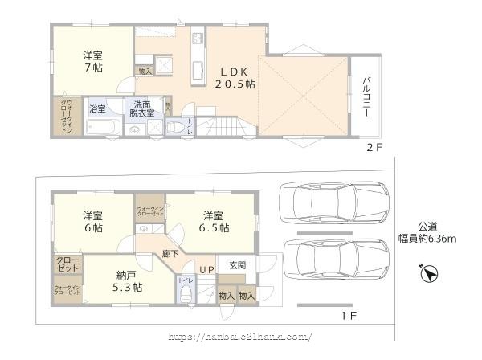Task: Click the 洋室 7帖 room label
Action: click(92, 63)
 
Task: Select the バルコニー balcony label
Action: click(366, 97)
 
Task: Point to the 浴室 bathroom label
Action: click(98, 108)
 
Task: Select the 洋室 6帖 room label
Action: click(92, 222)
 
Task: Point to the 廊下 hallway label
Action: click(170, 253)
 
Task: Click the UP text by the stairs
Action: click(206, 269)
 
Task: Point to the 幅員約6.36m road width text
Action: click(430, 239)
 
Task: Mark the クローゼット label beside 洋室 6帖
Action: click(67, 264)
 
